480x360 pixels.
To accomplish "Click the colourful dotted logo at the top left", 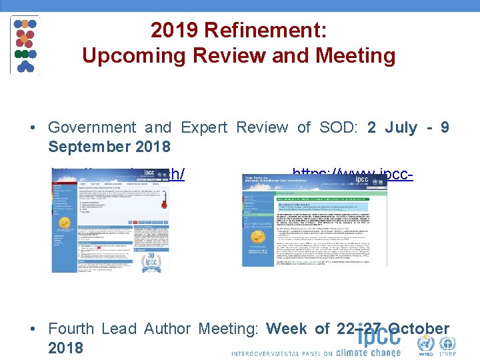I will pos(25,45).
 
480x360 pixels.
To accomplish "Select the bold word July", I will pos(399,127).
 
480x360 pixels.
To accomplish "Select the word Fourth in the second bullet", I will pos(73,329).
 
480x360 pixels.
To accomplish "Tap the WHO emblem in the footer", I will pos(425,345).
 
